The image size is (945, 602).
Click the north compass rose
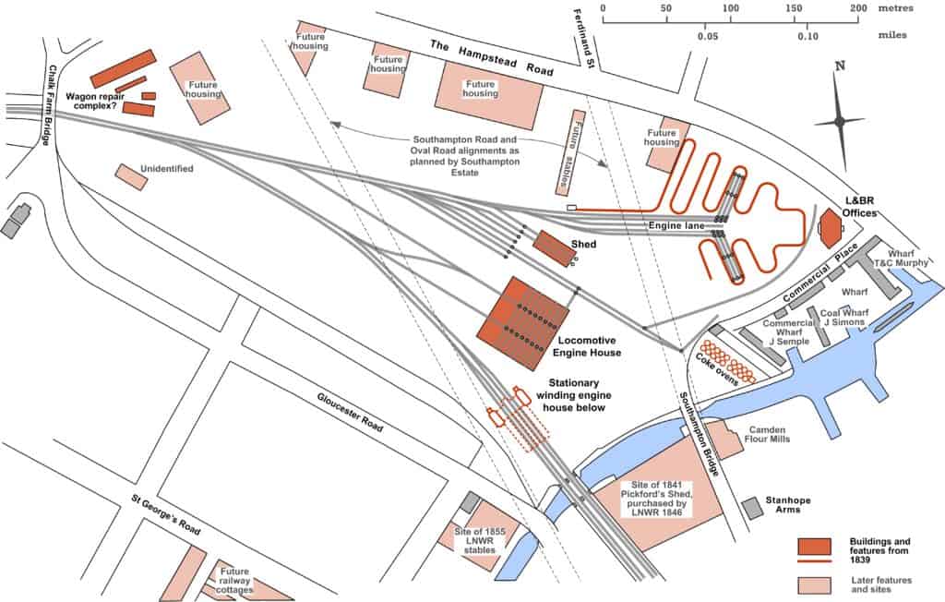839,120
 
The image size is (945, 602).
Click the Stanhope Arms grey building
753,508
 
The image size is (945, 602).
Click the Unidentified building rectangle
131,176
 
